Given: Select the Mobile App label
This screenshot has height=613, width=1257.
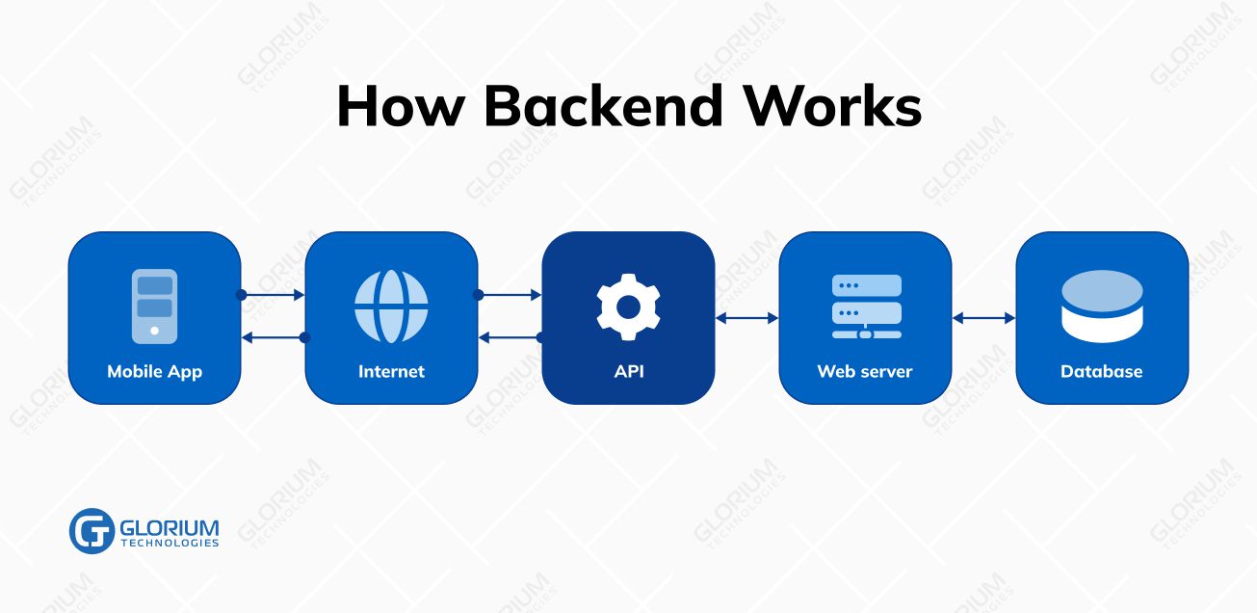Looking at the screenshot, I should (x=154, y=371).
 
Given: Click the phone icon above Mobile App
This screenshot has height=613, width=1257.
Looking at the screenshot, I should (x=154, y=306).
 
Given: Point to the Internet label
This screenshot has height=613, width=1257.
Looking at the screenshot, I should (x=391, y=371).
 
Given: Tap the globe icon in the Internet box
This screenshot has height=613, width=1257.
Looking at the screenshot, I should (x=391, y=306).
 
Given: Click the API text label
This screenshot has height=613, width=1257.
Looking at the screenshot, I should (x=628, y=371).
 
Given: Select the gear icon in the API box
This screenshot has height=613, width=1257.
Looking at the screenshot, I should (x=628, y=306).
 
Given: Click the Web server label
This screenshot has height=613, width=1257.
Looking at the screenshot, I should (x=865, y=371).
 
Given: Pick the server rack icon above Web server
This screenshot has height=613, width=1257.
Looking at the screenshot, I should (x=866, y=306).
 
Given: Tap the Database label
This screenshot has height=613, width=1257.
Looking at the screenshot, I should (x=1101, y=371).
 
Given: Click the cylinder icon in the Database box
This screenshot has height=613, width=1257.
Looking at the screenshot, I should (x=1102, y=306).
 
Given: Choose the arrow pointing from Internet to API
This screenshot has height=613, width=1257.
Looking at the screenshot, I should (x=510, y=295).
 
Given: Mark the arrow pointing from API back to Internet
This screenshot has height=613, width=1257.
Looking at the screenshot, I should (x=510, y=337).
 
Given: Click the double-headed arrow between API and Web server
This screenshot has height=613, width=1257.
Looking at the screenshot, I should (x=746, y=317).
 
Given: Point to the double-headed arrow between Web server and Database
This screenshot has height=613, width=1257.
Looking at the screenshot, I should (x=983, y=317).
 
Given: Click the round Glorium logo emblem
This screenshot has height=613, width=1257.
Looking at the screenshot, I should (x=92, y=531).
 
